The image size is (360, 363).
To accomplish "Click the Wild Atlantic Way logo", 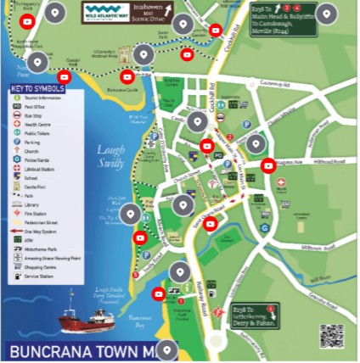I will [x=105, y=12].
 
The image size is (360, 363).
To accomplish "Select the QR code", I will [x=331, y=335].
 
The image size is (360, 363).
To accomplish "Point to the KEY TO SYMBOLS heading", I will [x=38, y=89].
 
